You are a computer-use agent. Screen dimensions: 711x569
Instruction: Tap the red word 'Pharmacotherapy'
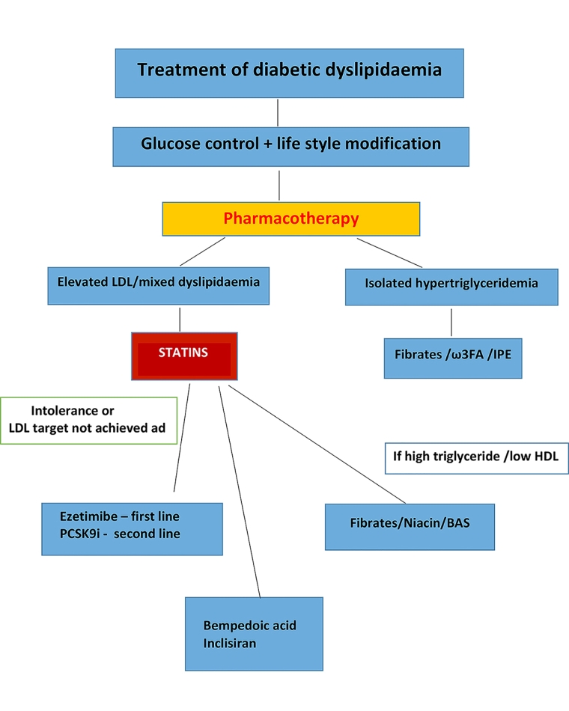[x=291, y=219]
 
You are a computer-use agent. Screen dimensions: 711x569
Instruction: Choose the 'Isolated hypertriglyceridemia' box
[x=451, y=285]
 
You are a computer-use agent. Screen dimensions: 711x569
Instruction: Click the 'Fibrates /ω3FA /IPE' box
[x=452, y=357]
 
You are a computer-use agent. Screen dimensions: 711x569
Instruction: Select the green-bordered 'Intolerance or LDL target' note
[x=89, y=421]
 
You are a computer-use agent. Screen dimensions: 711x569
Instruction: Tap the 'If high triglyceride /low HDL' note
[x=476, y=457]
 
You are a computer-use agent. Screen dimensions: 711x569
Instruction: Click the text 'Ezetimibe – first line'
[x=120, y=517]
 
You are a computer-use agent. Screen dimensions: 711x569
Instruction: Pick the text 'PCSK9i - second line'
[x=120, y=534]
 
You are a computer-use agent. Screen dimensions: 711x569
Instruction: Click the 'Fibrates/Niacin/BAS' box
[x=410, y=522]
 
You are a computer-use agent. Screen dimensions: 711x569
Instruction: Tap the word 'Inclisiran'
[x=230, y=643]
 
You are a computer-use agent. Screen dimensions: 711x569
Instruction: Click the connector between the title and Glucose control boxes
[x=279, y=112]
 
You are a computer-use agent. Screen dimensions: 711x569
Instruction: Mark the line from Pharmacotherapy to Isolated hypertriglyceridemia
[x=389, y=252]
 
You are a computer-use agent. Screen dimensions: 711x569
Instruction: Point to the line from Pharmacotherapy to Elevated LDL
[x=202, y=252]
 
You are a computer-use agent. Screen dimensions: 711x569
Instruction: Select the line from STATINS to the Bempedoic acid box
[x=239, y=490]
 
